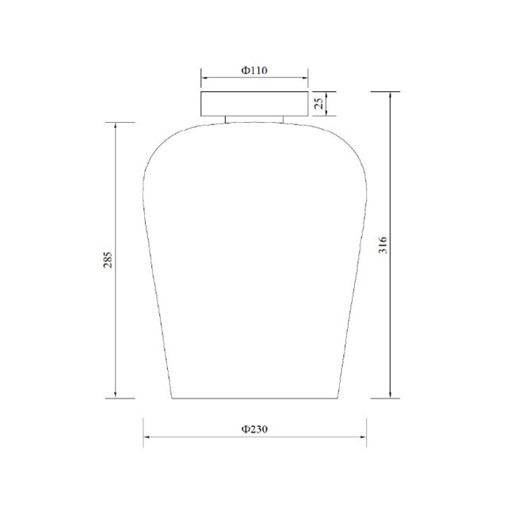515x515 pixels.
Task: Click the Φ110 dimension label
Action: point(254,71)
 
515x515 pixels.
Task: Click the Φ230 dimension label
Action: point(254,429)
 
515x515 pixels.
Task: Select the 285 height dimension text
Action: point(108,260)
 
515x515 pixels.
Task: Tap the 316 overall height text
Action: point(383,245)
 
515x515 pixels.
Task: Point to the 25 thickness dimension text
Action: point(319,104)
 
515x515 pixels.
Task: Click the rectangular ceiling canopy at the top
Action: point(254,104)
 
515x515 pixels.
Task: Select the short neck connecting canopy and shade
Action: point(254,119)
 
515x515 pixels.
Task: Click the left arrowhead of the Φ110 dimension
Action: point(204,78)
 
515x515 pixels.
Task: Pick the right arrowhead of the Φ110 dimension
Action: point(305,78)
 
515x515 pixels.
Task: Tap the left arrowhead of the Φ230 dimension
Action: point(147,437)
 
